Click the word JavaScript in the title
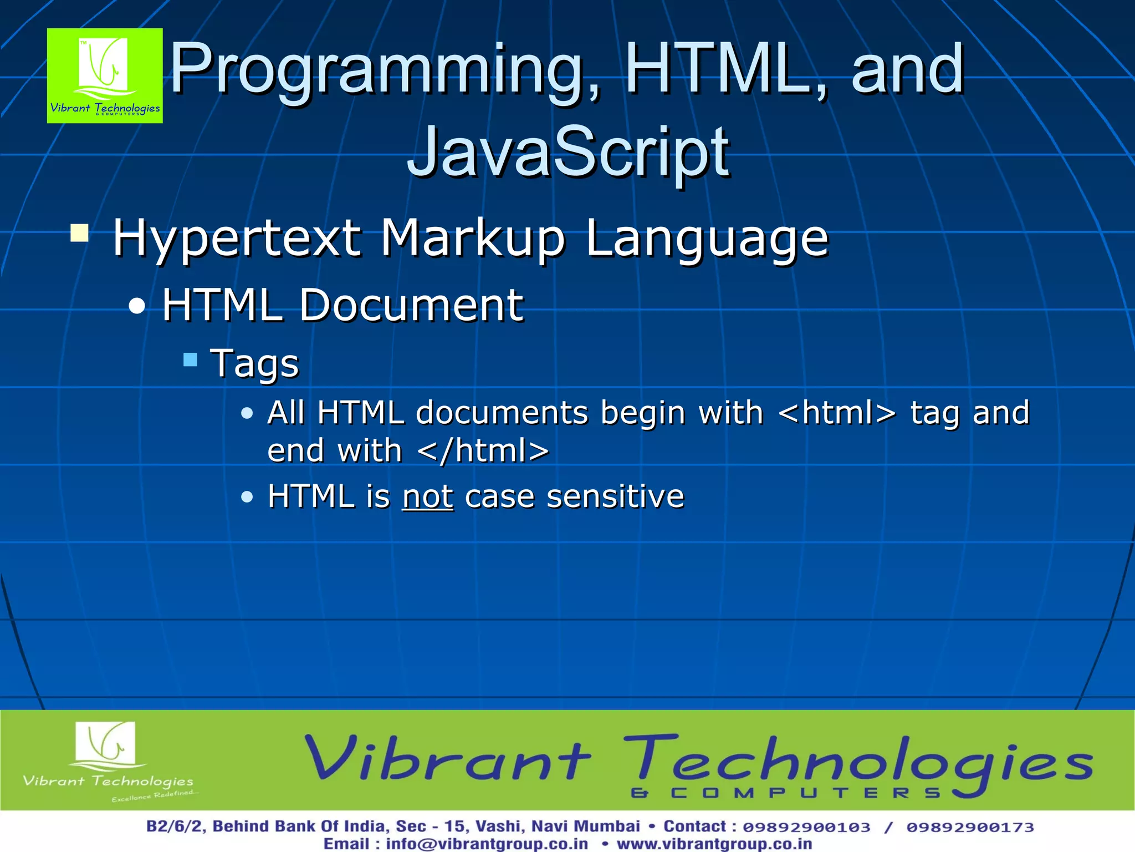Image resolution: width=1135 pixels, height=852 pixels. click(x=568, y=153)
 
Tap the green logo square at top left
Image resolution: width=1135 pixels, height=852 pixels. click(x=105, y=75)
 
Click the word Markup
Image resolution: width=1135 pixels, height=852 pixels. click(x=472, y=239)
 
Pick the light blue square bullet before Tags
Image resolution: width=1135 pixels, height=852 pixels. click(x=190, y=360)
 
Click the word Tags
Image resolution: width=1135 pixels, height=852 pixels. click(x=254, y=364)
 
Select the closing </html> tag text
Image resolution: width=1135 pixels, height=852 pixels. click(x=483, y=450)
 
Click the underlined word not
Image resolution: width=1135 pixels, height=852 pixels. click(x=427, y=496)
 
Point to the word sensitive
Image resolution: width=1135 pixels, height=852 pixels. click(x=615, y=496)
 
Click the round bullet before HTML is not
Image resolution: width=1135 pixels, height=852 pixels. click(x=247, y=496)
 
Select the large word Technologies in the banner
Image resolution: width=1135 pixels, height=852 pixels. click(x=858, y=763)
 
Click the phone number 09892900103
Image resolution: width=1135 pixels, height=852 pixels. click(x=806, y=827)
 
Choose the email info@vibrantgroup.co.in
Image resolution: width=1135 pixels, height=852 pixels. click(x=487, y=844)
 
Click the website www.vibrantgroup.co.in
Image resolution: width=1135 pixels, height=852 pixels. click(x=714, y=844)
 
